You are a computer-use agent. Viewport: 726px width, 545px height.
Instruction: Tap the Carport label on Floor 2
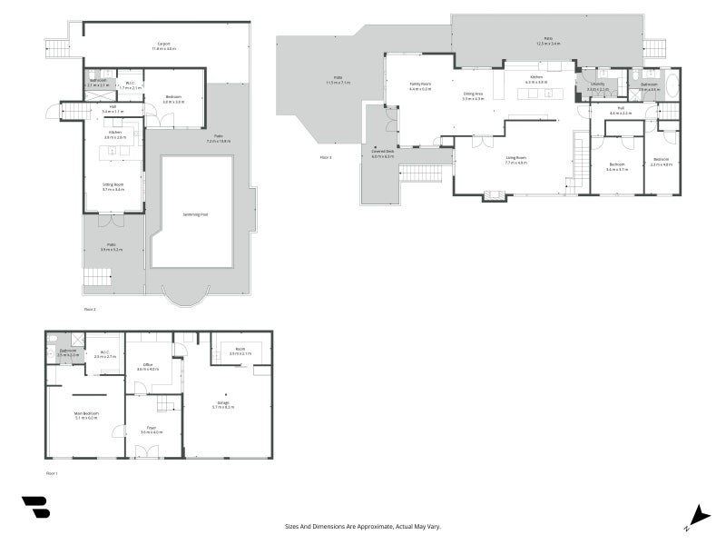164,45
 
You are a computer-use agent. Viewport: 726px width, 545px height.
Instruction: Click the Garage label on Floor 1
222,403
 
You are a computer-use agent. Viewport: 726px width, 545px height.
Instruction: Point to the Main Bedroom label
85,414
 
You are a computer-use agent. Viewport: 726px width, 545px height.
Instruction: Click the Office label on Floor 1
147,366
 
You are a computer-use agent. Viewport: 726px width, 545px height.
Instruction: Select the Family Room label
420,84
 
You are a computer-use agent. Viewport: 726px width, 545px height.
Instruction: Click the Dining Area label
473,94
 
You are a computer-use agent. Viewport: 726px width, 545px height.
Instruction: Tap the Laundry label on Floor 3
596,85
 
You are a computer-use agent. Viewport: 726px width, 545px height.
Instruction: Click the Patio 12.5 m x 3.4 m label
548,41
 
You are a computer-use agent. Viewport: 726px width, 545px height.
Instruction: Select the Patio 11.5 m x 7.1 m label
338,80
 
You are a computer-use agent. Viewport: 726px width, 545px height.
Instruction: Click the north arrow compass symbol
699,515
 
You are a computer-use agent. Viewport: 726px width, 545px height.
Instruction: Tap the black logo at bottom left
35,507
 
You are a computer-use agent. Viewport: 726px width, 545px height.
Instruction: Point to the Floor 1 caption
52,473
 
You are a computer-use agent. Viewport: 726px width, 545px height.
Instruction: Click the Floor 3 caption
326,157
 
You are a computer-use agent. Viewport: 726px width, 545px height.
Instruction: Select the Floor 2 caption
90,309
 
